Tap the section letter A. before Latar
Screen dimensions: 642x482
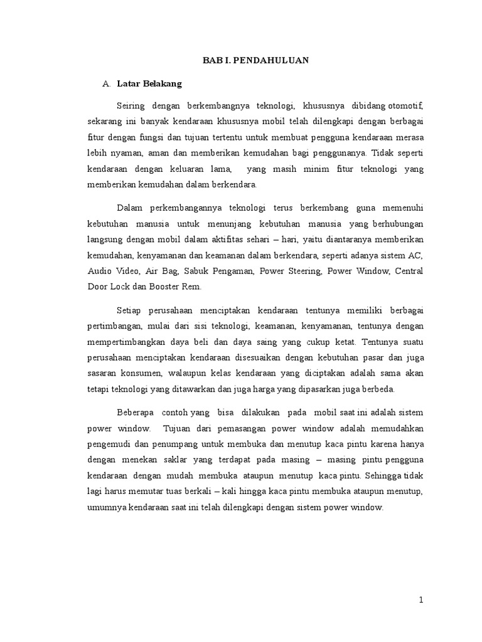[x=106, y=83]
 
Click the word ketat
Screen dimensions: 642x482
[x=345, y=342]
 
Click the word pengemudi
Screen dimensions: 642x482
[x=107, y=444]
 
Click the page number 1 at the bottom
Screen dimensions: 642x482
[x=421, y=600]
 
